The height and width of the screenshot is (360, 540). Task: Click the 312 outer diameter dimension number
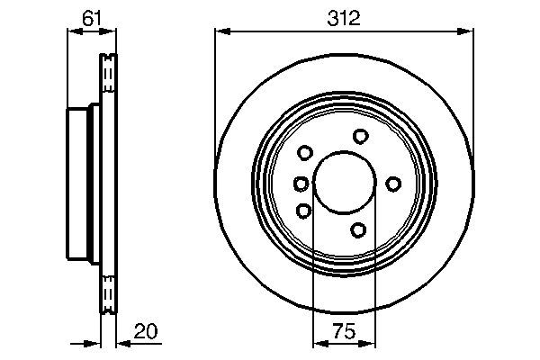pyautogui.click(x=344, y=16)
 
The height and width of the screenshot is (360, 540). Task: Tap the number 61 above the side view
pyautogui.click(x=91, y=16)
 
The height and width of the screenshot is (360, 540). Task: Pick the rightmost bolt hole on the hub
pyautogui.click(x=393, y=184)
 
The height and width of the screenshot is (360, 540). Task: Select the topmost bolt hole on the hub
pyautogui.click(x=361, y=136)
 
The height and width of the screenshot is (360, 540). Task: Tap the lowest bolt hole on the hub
pyautogui.click(x=359, y=230)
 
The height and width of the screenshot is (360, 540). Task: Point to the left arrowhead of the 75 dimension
pyautogui.click(x=318, y=343)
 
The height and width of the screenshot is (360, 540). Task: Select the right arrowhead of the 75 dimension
pyautogui.click(x=372, y=343)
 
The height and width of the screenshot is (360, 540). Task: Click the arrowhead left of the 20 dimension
pyautogui.click(x=94, y=343)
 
